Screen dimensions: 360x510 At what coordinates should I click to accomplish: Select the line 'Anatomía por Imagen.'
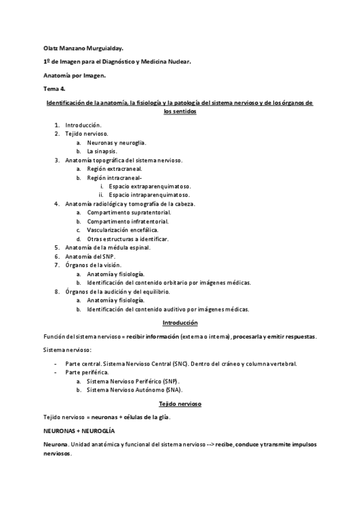click(x=74, y=75)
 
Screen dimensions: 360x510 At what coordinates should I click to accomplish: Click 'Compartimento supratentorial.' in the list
click(x=129, y=212)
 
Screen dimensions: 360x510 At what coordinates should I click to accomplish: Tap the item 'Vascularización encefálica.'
click(x=125, y=230)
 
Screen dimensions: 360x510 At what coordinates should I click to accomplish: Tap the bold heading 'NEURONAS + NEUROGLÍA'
click(x=79, y=431)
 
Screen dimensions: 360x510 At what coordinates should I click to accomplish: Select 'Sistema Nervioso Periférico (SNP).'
click(x=133, y=381)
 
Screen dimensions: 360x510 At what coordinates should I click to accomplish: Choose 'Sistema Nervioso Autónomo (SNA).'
click(x=133, y=390)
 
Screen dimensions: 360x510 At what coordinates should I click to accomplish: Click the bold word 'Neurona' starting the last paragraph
click(x=55, y=444)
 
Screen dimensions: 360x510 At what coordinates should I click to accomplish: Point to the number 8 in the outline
click(x=56, y=291)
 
